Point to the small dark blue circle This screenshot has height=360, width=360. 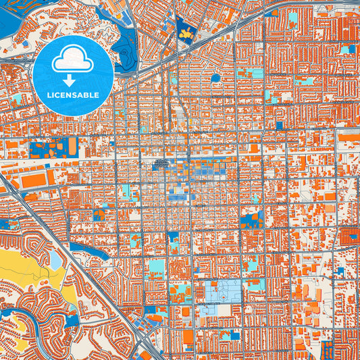point(215,78)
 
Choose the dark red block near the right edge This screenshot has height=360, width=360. point(351,236)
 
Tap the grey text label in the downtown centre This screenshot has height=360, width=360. point(160,163)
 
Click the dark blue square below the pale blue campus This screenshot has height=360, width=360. point(234,335)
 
